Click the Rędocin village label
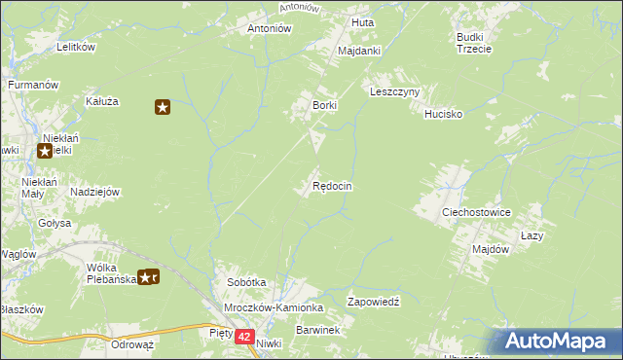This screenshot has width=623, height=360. [332, 186]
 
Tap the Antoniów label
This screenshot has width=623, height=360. [270, 28]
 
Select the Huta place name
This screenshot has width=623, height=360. [362, 21]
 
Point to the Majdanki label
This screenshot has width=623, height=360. [358, 51]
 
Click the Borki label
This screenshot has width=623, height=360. [323, 104]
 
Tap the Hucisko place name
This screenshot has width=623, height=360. [443, 114]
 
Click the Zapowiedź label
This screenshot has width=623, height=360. [375, 303]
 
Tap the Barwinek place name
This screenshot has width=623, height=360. [317, 331]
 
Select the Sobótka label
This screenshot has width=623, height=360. [246, 282]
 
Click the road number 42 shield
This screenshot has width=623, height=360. [243, 337]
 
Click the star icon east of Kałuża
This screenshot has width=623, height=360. [163, 107]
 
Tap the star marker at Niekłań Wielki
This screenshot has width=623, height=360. [45, 151]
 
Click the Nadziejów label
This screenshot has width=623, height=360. [94, 193]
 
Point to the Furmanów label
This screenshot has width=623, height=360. [34, 86]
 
